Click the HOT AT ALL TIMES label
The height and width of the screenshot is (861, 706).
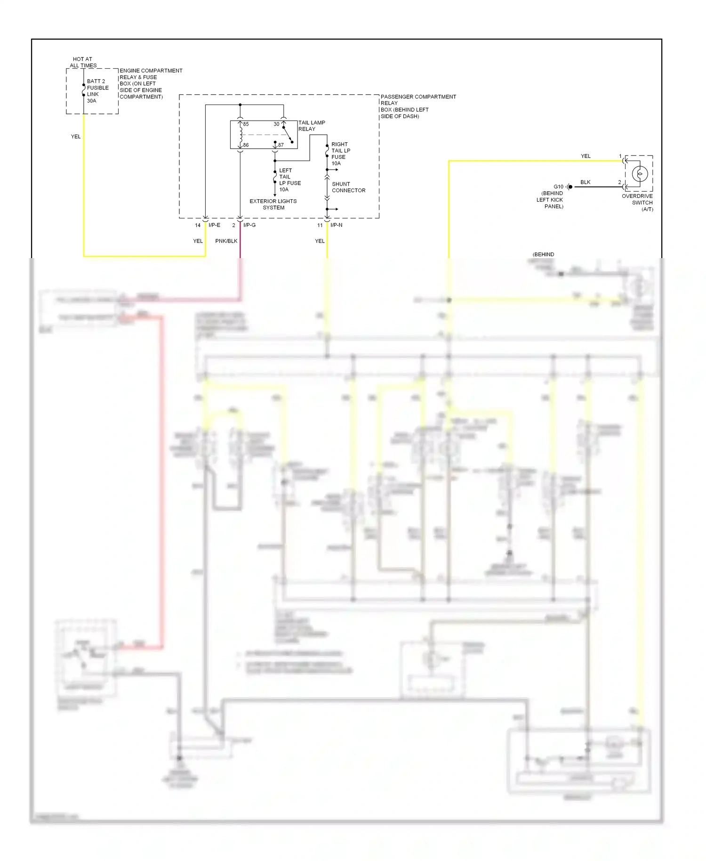pos(83,62)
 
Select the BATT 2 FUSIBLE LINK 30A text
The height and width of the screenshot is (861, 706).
pos(97,91)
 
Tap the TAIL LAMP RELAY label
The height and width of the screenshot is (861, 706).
pos(311,126)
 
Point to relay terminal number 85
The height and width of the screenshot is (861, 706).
pos(246,124)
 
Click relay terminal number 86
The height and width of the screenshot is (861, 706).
pos(246,145)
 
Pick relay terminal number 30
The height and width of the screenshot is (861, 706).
pos(276,124)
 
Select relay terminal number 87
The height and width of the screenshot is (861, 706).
pos(281,145)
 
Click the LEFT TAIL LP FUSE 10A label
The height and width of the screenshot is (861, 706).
pos(289,180)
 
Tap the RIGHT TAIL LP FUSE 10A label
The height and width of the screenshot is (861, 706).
pos(340,154)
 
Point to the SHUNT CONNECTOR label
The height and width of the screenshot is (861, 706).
pos(348,187)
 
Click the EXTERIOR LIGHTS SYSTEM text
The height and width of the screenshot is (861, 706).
pos(273,204)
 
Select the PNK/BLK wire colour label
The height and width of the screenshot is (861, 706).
pos(226,241)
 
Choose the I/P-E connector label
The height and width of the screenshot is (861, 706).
pos(214,225)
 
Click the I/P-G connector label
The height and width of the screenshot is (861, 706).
pos(249,225)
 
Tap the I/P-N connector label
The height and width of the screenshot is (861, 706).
pos(336,225)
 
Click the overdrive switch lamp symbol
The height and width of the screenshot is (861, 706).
pos(639,174)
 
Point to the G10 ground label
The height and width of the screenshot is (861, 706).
pos(558,187)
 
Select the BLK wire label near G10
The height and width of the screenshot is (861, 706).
pos(585,182)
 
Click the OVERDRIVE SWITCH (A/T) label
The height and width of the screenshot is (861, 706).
pos(638,203)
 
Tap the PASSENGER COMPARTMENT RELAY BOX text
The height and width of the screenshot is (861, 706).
pos(417,106)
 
